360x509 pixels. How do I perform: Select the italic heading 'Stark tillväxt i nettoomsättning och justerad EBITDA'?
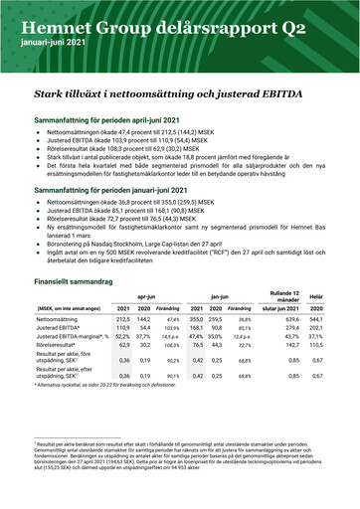tap(168, 92)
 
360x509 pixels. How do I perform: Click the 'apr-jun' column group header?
tap(146, 297)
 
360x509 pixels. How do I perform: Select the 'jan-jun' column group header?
tap(221, 297)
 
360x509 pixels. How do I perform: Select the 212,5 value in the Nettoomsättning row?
tap(124, 320)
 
